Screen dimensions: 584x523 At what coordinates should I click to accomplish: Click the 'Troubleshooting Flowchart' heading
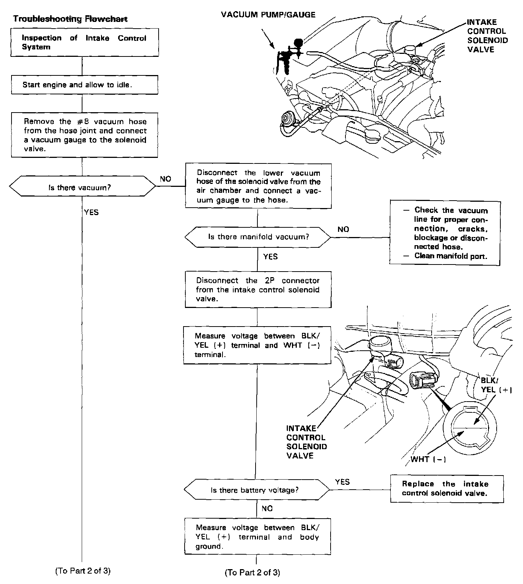70,19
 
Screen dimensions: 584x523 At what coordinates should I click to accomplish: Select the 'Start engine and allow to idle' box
85,85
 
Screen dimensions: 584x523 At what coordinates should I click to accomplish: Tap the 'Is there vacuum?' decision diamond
82,188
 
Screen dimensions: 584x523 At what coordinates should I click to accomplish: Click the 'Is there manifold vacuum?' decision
257,237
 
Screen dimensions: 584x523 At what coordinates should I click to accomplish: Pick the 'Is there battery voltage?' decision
256,490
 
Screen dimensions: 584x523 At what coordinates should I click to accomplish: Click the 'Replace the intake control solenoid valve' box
446,489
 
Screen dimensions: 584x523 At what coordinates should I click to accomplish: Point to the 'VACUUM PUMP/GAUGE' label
268,15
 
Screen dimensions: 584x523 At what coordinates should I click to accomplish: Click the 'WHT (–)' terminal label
428,459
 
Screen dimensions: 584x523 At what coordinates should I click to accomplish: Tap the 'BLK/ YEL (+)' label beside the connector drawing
496,385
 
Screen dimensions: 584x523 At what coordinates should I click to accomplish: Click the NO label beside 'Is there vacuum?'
166,179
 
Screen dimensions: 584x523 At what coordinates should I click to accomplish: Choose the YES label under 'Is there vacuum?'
91,212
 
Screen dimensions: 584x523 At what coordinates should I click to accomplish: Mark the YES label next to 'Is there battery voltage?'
342,482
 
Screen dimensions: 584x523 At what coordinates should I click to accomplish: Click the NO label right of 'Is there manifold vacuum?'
343,229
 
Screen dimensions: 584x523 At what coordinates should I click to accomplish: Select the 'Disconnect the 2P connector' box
258,289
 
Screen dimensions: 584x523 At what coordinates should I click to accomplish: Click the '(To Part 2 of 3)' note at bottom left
83,571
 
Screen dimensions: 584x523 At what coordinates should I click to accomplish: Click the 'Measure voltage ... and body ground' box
257,537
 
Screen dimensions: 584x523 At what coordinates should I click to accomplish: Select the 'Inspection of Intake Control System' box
84,42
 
